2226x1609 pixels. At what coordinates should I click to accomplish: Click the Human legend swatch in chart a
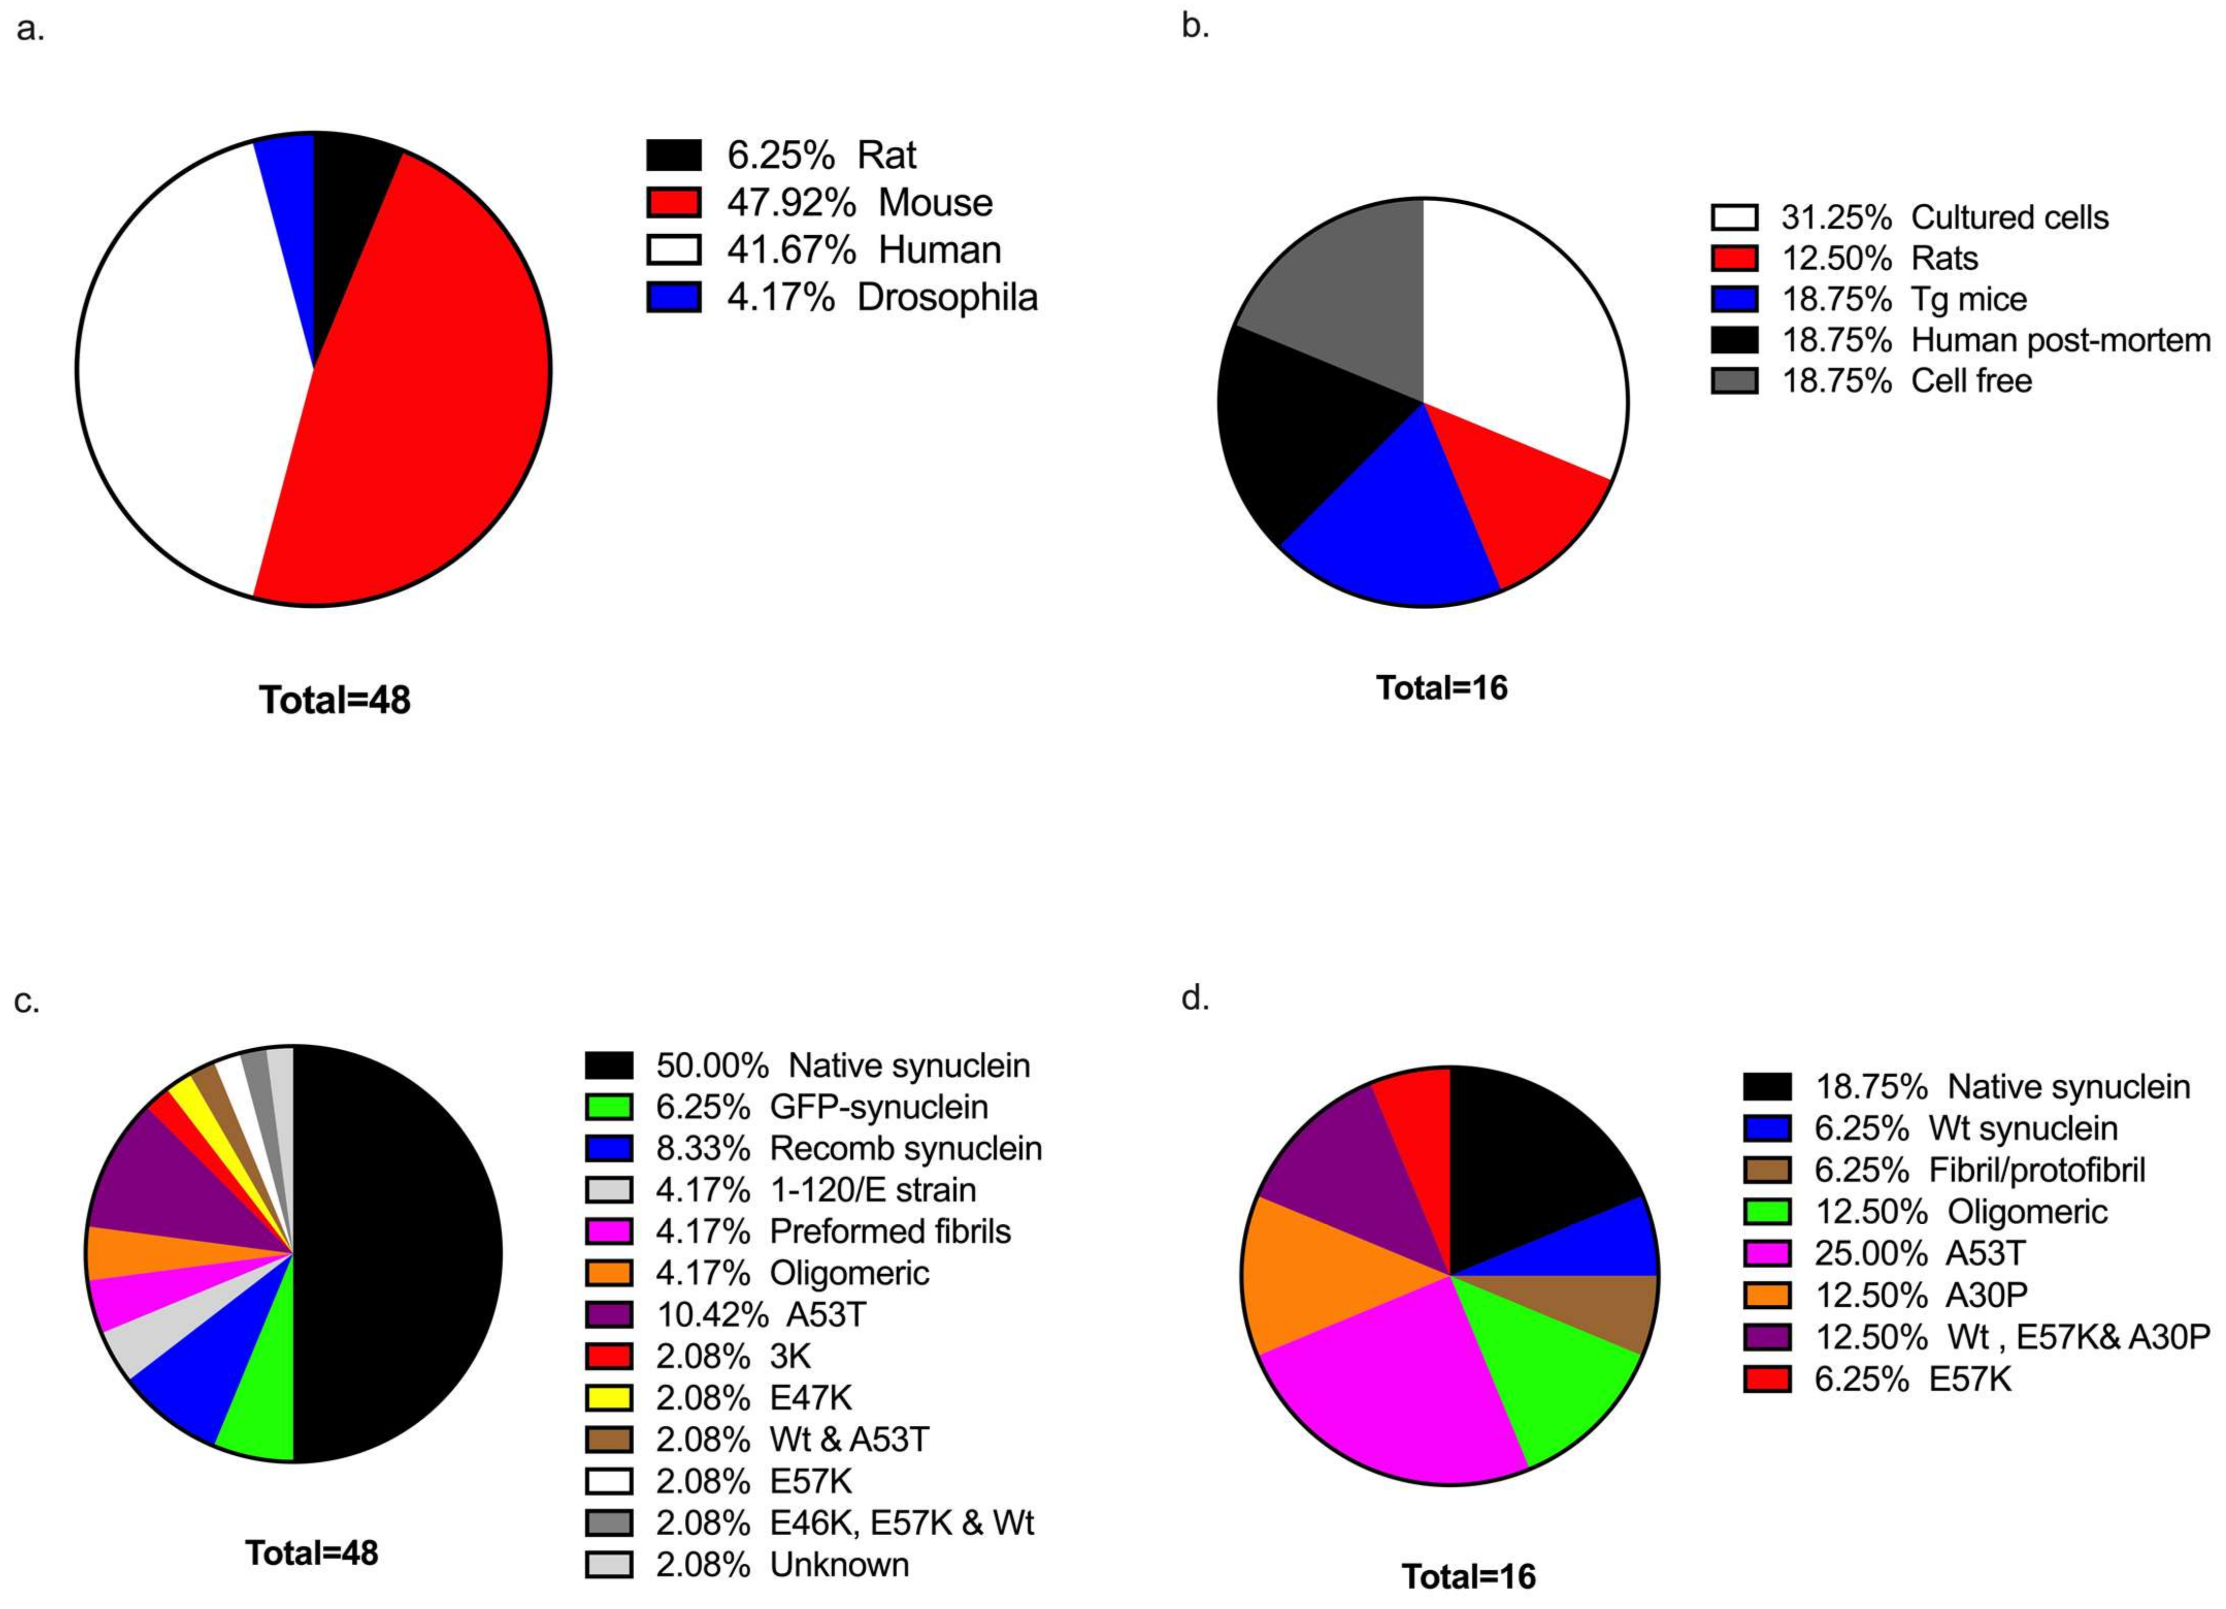(673, 249)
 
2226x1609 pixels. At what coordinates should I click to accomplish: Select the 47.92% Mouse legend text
(859, 202)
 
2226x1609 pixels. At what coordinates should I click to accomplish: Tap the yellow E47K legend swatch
(608, 1397)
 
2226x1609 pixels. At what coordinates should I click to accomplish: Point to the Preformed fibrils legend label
(889, 1231)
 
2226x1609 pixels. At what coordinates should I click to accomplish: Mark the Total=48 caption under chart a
(335, 700)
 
